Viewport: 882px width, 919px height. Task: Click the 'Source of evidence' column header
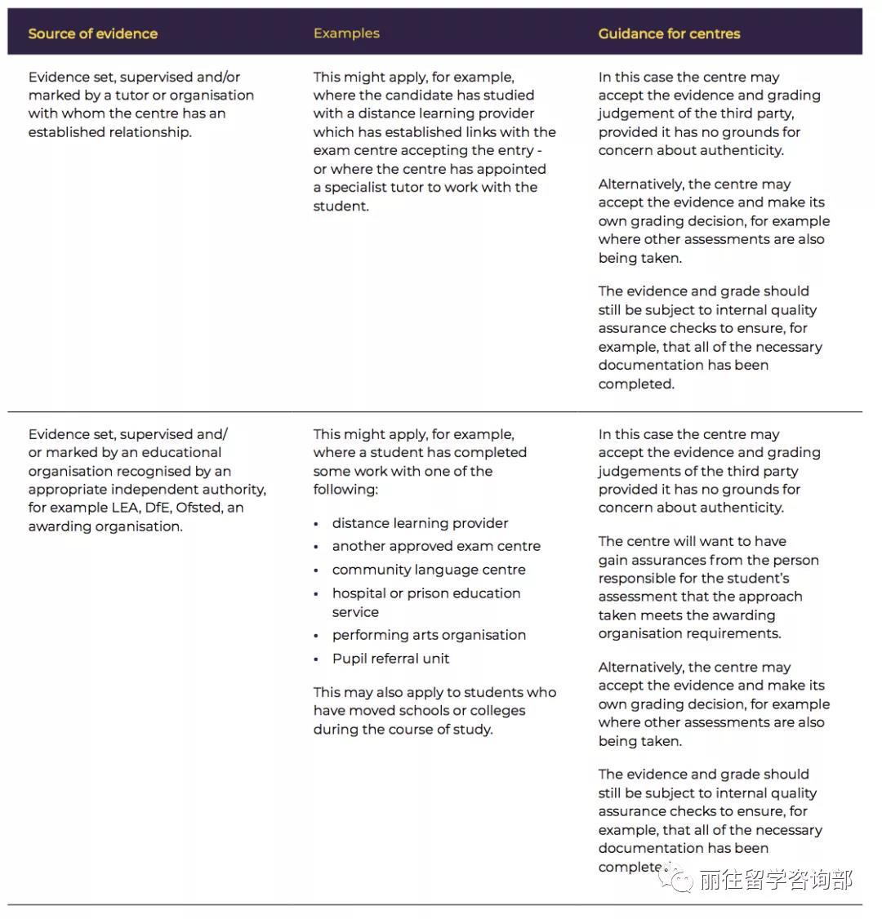click(x=92, y=33)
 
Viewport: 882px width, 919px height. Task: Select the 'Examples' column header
click(x=346, y=33)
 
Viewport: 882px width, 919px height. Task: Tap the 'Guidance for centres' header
click(x=669, y=33)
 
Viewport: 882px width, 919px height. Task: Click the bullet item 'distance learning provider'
click(x=420, y=523)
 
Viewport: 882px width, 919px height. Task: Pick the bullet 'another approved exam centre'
click(x=436, y=546)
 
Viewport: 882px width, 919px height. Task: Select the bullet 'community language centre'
click(x=429, y=570)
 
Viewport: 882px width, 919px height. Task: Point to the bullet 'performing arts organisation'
click(x=429, y=635)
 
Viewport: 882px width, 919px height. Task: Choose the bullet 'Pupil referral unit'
click(x=390, y=659)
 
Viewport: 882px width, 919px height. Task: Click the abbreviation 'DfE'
click(x=157, y=508)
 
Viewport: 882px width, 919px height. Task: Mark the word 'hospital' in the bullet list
click(x=360, y=593)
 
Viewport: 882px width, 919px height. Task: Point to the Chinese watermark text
click(x=776, y=880)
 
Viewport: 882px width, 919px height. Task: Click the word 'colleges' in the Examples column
click(x=497, y=711)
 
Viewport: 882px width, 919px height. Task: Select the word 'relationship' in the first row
click(x=150, y=132)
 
